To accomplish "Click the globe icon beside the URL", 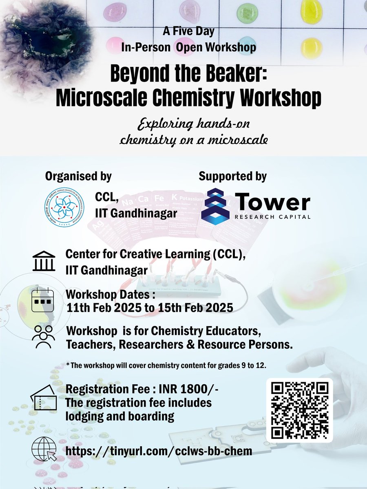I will pyautogui.click(x=44, y=451).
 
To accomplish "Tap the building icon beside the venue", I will pyautogui.click(x=44, y=261).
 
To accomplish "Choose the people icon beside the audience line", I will pyautogui.click(x=43, y=336).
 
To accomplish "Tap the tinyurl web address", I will pyautogui.click(x=159, y=451).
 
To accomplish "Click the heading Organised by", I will pyautogui.click(x=78, y=176).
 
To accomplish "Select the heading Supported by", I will pyautogui.click(x=232, y=176).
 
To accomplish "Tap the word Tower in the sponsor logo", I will pyautogui.click(x=272, y=203).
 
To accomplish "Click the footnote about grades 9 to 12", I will pyautogui.click(x=166, y=365).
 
